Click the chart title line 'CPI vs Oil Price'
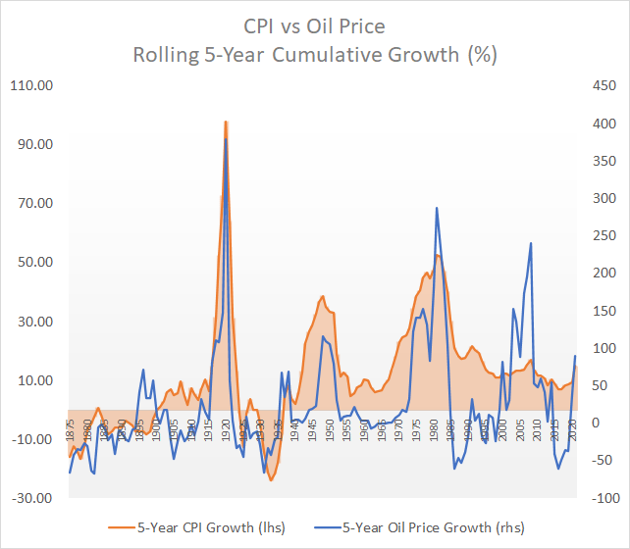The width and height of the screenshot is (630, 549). (314, 24)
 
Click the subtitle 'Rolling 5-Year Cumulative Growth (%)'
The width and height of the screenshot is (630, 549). (314, 54)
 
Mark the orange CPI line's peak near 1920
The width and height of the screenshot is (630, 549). (226, 122)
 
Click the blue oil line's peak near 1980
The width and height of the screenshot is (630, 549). (436, 208)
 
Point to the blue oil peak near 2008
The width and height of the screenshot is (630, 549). (531, 243)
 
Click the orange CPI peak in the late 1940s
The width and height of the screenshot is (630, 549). (322, 296)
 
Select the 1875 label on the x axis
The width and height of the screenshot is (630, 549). (71, 432)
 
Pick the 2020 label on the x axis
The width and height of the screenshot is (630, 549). (572, 432)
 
